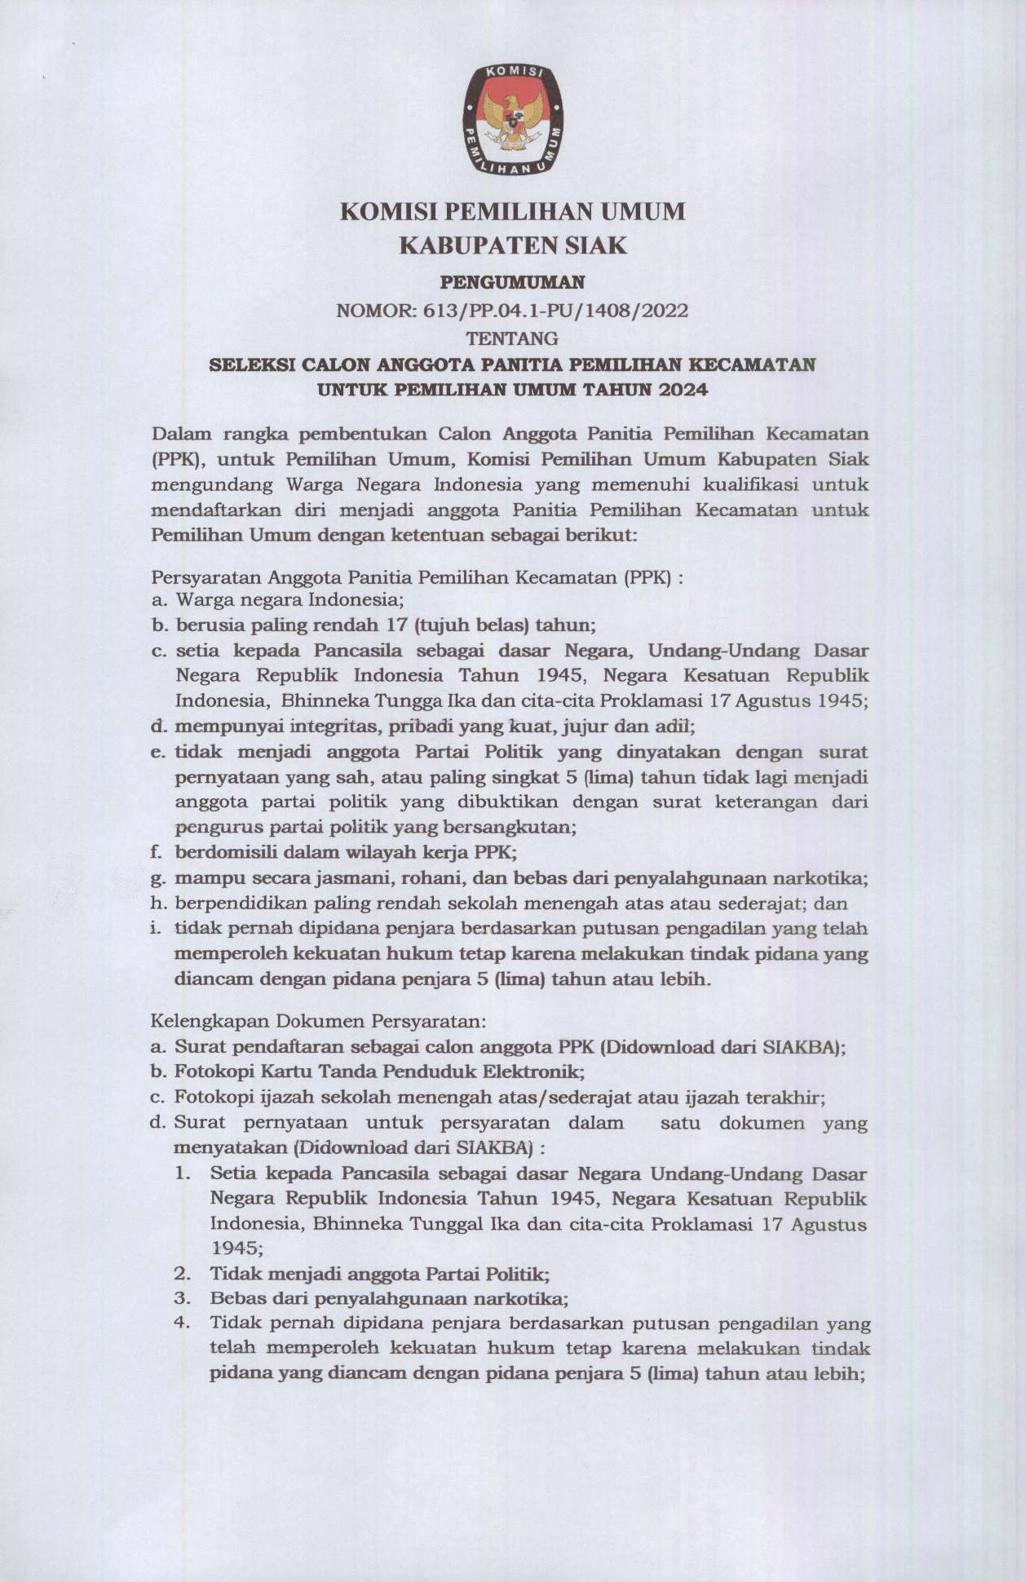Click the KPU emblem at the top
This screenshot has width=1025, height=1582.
512,120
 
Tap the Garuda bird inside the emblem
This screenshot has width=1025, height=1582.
513,118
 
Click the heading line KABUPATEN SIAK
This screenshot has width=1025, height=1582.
512,245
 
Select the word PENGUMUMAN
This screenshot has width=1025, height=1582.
512,283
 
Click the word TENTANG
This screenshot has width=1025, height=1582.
512,338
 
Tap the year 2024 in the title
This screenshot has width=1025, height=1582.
683,390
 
